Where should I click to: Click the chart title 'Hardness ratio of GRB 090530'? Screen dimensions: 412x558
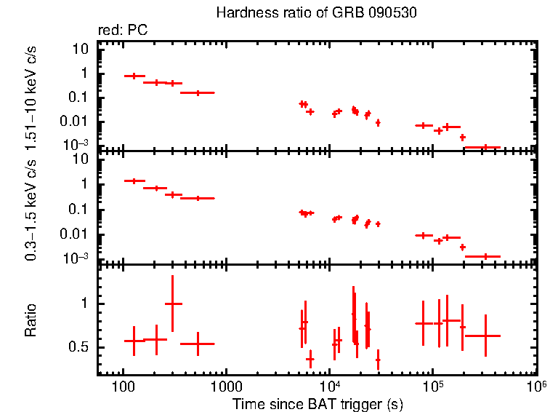pyautogui.click(x=316, y=14)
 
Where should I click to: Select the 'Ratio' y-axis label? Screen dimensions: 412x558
pyautogui.click(x=31, y=320)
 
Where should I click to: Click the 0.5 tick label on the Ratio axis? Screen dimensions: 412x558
pyautogui.click(x=80, y=347)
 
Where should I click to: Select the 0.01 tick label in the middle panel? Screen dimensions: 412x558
pyautogui.click(x=77, y=234)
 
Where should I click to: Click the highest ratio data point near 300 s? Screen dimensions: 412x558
pyautogui.click(x=173, y=304)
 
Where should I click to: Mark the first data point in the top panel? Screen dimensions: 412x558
pyautogui.click(x=134, y=76)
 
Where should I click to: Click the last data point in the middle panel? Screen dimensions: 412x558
pyautogui.click(x=482, y=256)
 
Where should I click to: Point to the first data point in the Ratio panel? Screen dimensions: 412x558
pyautogui.click(x=134, y=341)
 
